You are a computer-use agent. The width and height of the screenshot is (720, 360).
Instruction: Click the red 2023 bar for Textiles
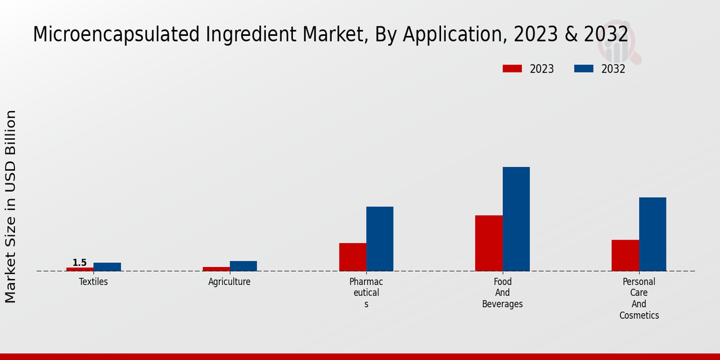coord(80,269)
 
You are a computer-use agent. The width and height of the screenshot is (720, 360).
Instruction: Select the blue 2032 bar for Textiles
coord(107,267)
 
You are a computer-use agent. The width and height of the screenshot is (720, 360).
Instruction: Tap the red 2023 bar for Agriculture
coord(216,269)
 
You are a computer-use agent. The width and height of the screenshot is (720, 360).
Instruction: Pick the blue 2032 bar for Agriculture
coord(244,266)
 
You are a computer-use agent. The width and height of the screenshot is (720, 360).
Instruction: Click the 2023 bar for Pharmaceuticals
coord(353,257)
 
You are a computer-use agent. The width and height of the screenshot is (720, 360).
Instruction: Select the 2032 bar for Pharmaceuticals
coord(380,239)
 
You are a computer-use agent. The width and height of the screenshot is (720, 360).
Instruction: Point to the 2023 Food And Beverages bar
coord(489,243)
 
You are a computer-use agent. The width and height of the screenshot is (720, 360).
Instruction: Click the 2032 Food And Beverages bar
coord(516,219)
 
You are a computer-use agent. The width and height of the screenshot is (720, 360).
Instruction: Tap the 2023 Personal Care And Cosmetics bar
coord(625,256)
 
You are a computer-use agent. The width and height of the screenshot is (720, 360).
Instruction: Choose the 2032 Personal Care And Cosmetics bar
coord(653,234)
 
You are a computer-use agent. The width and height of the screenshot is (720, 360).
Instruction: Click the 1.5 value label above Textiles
coord(80,263)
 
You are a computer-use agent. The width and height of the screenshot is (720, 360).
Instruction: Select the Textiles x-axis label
coord(94,281)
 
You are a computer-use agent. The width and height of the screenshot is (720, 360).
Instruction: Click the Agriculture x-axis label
coord(230,281)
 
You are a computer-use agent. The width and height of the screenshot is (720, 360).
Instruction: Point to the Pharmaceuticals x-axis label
coord(366,293)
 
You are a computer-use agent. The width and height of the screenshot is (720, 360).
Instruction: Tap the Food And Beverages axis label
coord(503,293)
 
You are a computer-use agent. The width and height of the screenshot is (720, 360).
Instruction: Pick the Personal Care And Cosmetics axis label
coord(639,298)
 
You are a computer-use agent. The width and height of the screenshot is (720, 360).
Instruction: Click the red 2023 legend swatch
coord(512,68)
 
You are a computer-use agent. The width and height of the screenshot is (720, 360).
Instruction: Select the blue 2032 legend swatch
coord(584,68)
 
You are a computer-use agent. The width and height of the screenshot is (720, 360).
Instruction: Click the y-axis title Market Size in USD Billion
coord(11,206)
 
